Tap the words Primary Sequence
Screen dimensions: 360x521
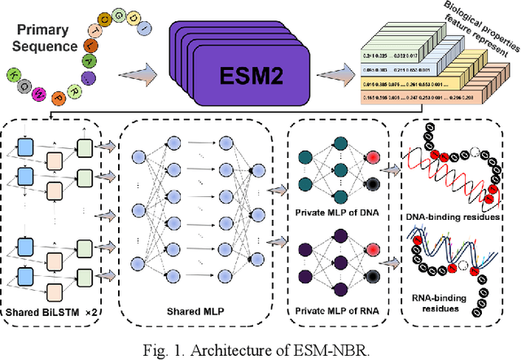[45, 39]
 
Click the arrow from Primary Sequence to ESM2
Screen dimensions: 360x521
[143, 76]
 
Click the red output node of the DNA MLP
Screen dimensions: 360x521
[373, 157]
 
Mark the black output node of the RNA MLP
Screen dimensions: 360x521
[373, 286]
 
